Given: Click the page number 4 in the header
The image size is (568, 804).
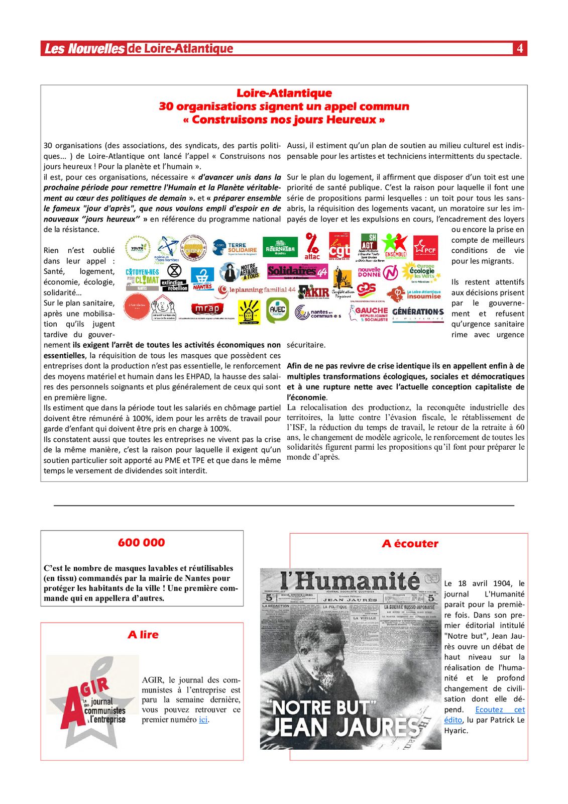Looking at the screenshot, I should [520, 48].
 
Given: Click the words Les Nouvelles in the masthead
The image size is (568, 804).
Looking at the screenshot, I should [84, 49].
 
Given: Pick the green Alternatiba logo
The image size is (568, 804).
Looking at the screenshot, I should [280, 247].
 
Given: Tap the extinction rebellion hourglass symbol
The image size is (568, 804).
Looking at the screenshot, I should [174, 270].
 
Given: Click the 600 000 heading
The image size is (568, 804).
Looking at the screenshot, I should [142, 543].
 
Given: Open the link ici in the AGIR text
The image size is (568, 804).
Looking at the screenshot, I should [203, 720].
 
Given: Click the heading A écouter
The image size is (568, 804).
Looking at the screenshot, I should [410, 544].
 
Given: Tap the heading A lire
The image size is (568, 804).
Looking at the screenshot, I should [143, 635].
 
